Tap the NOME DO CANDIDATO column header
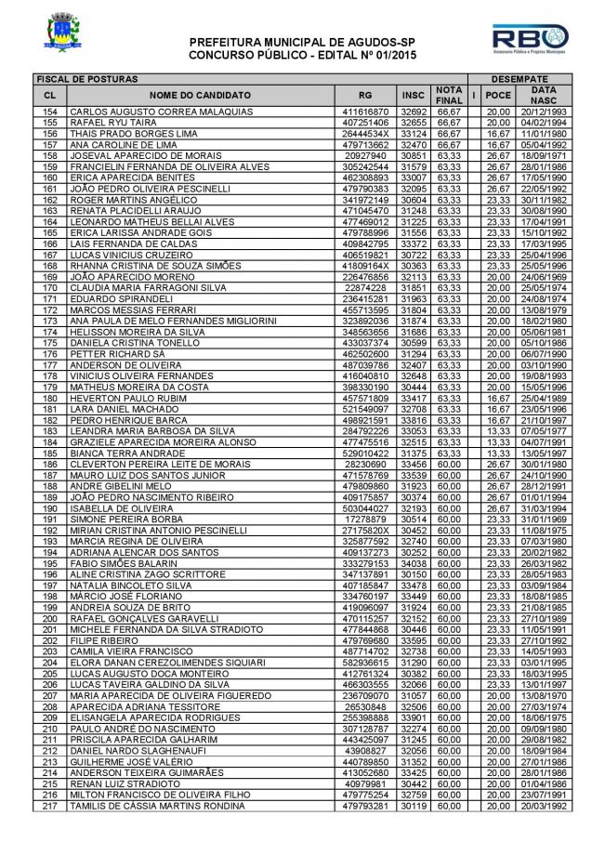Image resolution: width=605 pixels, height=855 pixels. point(199,95)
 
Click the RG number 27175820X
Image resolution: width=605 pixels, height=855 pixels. point(364,530)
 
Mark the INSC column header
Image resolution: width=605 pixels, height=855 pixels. point(413,95)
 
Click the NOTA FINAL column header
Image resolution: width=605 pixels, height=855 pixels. point(449,94)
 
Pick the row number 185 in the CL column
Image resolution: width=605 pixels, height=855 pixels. point(50,453)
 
